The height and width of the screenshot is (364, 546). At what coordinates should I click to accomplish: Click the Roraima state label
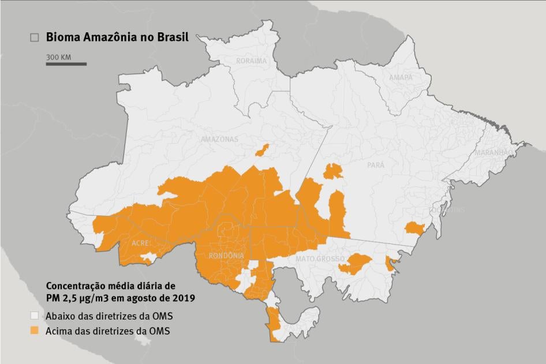coord(252,61)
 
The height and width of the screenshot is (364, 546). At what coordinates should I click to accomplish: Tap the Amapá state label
coord(401,77)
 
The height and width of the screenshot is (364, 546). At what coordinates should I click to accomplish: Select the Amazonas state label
coord(219,140)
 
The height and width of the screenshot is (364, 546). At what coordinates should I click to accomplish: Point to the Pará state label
coord(376,165)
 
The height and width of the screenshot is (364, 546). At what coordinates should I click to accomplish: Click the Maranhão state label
coord(493,153)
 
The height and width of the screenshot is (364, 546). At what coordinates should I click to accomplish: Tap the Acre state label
coord(141,243)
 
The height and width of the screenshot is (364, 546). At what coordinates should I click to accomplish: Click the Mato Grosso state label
coord(320,259)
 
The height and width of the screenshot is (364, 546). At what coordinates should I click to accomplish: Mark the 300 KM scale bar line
coord(66,64)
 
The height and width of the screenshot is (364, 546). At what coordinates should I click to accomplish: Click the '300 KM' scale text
coord(58,57)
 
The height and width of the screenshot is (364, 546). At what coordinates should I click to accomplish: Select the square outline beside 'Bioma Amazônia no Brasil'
coord(35,37)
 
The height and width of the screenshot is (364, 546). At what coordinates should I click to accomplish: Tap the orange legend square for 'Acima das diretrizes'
coord(35,331)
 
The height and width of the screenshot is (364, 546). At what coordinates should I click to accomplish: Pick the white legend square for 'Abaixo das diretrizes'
coord(35,316)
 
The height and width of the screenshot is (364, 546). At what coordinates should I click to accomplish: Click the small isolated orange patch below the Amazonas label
coord(262,151)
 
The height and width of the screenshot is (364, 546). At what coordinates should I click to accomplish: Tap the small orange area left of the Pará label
coord(333,171)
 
